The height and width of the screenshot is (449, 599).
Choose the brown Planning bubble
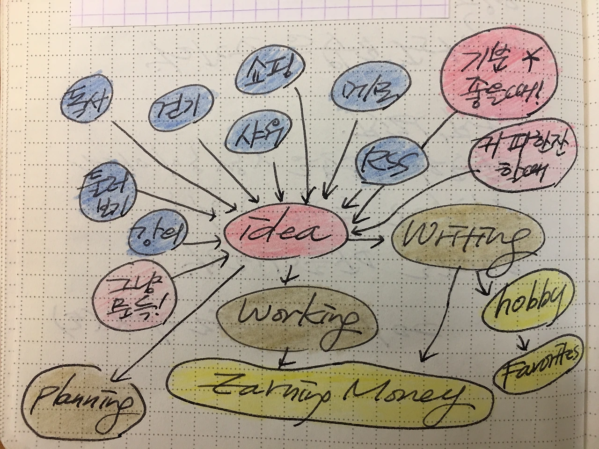(x=84, y=397)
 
